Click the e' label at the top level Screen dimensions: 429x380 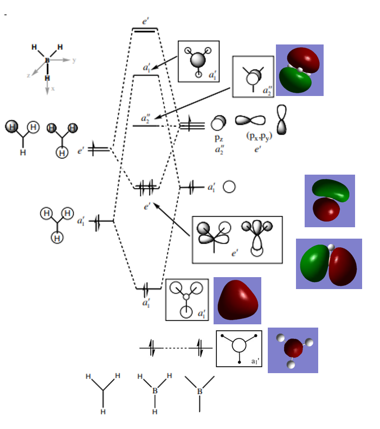[x=146, y=21]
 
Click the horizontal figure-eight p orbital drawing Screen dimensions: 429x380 [x=250, y=120]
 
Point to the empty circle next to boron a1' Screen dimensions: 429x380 [x=229, y=187]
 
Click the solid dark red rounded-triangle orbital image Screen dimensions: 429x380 [x=237, y=300]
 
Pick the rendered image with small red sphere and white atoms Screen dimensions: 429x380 [x=293, y=350]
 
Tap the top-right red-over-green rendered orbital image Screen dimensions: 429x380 [x=300, y=70]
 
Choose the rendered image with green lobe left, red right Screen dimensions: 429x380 [x=329, y=264]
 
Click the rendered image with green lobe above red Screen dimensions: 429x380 [x=330, y=200]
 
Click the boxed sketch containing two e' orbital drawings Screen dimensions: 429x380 [x=237, y=240]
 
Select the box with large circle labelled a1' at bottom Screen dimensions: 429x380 [x=239, y=348]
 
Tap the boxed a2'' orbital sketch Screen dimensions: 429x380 [x=253, y=76]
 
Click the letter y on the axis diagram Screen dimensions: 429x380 [x=74, y=60]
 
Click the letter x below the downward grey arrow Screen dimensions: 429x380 [x=53, y=88]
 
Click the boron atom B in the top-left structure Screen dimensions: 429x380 [x=47, y=61]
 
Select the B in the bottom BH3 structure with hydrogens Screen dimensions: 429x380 [x=155, y=390]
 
